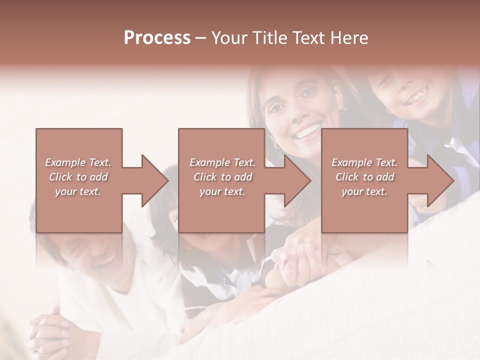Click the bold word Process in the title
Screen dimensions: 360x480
[157, 38]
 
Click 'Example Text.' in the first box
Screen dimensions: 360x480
[78, 162]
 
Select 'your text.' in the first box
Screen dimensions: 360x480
[78, 191]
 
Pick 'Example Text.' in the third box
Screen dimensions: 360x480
[364, 162]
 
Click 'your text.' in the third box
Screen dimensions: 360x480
[364, 191]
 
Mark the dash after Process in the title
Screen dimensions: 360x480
[200, 38]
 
